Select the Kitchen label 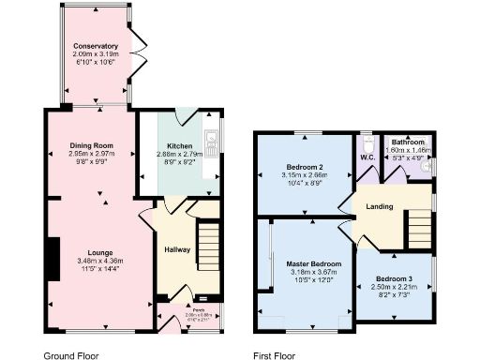point(180,147)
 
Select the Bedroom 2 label point(305,166)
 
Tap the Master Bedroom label point(312,264)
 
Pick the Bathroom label point(409,142)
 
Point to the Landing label point(379,206)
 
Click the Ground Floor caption point(71,356)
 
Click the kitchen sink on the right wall point(215,143)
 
